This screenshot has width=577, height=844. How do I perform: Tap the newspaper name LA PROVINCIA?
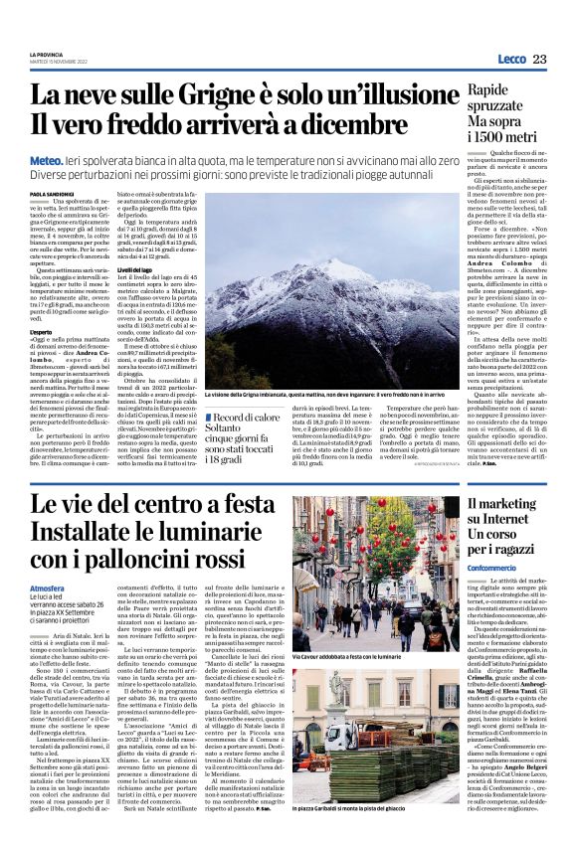point(47,55)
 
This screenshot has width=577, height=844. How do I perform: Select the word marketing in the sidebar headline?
point(516,505)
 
